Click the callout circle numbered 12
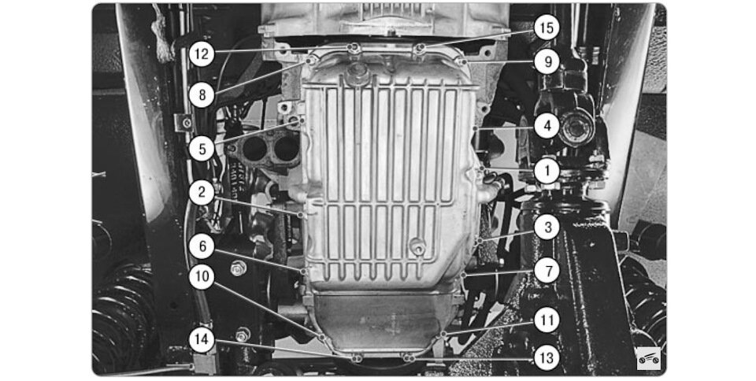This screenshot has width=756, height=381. pos(202,54)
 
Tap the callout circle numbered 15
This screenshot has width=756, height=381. pos(547,28)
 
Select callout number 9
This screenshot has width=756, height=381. pos(547,61)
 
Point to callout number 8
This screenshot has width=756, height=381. pos(202,95)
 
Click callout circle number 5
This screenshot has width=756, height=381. pos(202,148)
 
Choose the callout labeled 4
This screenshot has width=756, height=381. pos(547,126)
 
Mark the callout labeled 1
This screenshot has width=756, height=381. pos(547,171)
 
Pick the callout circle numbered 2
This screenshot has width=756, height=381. pos(202,193)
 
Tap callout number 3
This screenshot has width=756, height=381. pos(547,227)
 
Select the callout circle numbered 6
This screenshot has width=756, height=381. pos(202,246)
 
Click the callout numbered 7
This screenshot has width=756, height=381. pos(547,271)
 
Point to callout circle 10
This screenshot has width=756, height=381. pos(202,277)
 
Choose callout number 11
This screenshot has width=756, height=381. pos(547,320)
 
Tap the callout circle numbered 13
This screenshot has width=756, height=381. pos(547,358)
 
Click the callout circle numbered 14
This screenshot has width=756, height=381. pos(202,339)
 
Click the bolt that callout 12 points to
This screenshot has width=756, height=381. pos(354,47)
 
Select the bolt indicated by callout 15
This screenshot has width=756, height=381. pos(421,48)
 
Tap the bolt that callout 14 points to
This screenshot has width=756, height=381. pos(357,358)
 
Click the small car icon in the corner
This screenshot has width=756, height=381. pos(648,358)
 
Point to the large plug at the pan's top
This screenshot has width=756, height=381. pos(358,74)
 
